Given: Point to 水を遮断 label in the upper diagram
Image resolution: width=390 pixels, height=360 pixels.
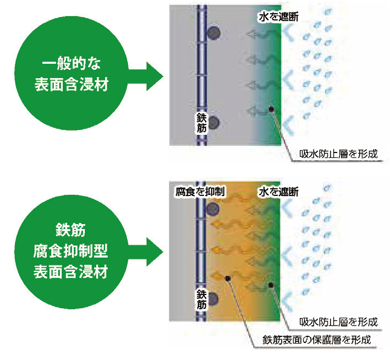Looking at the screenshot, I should [278, 18].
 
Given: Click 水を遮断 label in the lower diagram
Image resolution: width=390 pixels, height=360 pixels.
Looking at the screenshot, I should [278, 192].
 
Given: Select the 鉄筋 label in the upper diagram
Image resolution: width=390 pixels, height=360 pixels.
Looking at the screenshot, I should [201, 123].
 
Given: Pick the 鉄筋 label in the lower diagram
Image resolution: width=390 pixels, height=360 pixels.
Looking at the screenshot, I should [201, 297].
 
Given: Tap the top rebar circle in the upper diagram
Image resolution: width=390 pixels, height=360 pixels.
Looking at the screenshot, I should [214, 33].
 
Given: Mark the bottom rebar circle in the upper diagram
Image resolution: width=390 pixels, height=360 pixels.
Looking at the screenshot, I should [214, 122].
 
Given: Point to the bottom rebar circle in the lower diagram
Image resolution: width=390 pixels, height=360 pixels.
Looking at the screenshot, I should [214, 298].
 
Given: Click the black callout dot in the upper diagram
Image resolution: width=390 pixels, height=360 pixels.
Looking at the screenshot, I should [272, 110].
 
